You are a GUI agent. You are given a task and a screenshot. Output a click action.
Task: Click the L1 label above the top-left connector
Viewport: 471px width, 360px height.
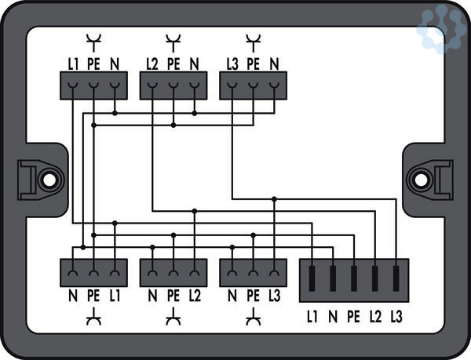tap(72, 62)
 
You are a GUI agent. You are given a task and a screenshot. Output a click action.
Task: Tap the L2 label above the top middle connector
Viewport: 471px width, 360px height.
tap(152, 62)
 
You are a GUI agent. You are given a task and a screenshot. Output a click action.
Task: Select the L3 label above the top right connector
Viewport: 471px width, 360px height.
tap(232, 62)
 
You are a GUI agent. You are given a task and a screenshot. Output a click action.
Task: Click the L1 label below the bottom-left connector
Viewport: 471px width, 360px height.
tap(115, 296)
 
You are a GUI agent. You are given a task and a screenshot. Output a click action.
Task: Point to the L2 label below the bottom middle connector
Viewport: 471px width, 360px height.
tap(195, 296)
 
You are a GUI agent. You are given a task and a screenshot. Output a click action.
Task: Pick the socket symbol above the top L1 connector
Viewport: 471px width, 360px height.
tap(93, 38)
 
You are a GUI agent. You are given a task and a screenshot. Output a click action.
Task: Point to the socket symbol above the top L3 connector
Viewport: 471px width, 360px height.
tap(253, 38)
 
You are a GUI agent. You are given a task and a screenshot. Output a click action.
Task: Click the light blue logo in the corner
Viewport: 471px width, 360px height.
tap(442, 30)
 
